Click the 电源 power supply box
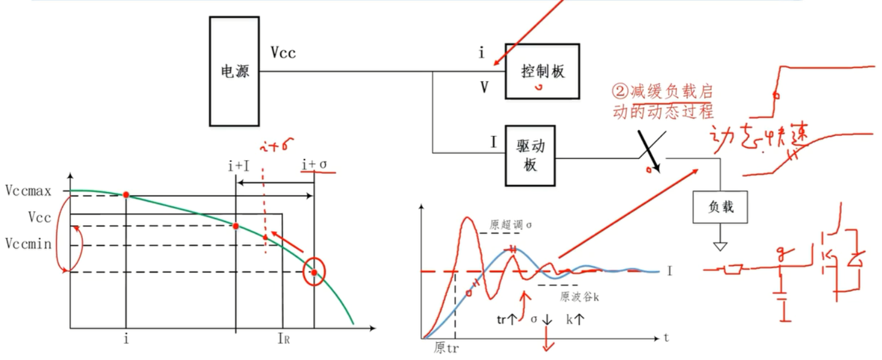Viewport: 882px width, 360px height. point(234,71)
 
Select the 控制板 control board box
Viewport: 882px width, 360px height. point(542,71)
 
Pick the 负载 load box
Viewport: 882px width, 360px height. point(719,208)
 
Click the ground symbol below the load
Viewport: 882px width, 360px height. point(719,245)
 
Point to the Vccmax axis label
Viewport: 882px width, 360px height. point(28,192)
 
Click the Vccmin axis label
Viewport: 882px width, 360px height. point(28,243)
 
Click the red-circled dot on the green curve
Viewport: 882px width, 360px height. point(314,272)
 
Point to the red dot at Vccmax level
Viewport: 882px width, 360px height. point(126,194)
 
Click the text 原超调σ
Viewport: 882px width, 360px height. point(511,225)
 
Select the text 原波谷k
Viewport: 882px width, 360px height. point(579,297)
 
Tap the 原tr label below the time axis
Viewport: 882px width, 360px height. point(446,348)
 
